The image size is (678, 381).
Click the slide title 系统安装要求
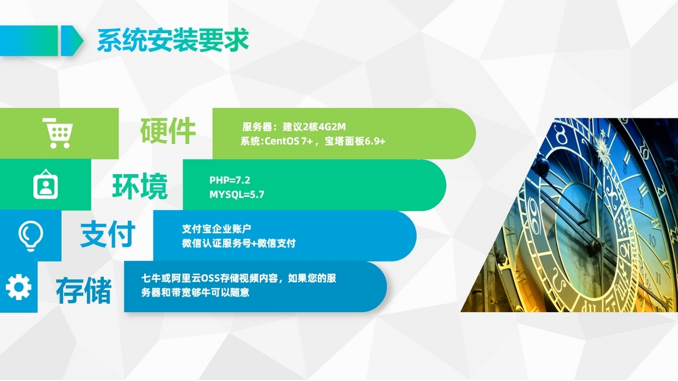click(173, 40)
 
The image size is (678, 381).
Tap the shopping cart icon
click(58, 133)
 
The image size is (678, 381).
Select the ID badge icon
click(46, 185)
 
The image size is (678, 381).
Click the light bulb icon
click(31, 235)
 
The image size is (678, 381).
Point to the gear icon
click(19, 287)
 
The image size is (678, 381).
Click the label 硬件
click(168, 130)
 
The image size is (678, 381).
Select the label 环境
click(139, 186)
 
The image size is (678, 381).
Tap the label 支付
click(108, 234)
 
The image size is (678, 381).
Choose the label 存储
click(83, 290)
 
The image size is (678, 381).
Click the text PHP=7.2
click(230, 180)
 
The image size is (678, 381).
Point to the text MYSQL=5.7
click(236, 195)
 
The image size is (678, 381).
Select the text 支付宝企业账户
click(216, 229)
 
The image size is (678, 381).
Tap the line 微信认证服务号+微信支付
click(239, 244)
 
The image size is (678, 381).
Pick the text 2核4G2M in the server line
click(324, 126)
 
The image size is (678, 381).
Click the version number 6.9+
click(375, 141)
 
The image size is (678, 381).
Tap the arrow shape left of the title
click(41, 41)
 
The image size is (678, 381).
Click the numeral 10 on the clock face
click(652, 241)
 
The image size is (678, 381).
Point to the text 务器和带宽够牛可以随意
click(195, 292)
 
